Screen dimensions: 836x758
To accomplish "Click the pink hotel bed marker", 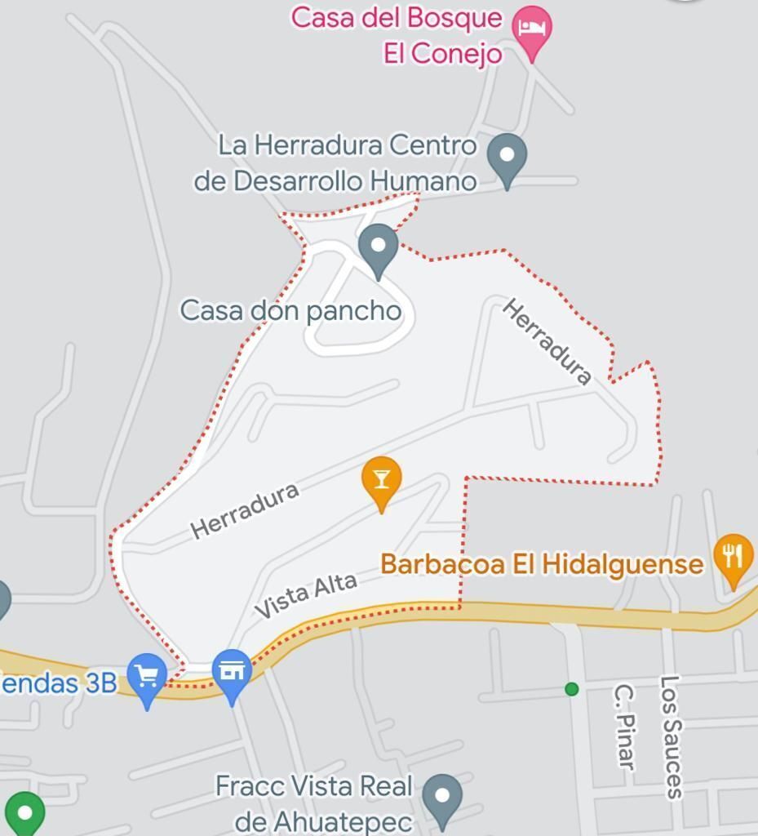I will click(532, 29).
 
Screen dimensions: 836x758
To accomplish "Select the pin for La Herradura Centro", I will click(507, 157).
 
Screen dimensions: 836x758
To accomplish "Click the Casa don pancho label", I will click(290, 311).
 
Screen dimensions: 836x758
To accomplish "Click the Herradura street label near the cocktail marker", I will click(244, 510).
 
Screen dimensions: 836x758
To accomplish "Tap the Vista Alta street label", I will click(306, 595).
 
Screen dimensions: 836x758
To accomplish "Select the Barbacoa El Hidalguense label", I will click(542, 564).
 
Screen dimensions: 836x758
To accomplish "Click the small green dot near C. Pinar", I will click(572, 689).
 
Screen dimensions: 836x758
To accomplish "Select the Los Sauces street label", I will click(672, 736).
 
